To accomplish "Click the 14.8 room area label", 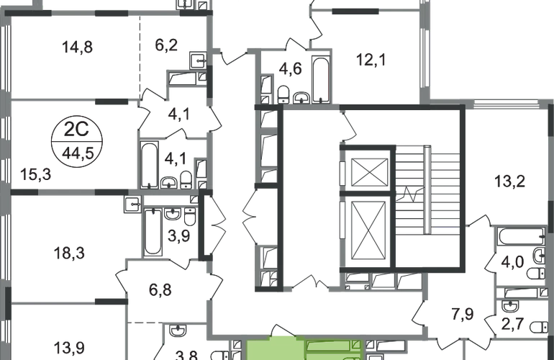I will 79,49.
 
